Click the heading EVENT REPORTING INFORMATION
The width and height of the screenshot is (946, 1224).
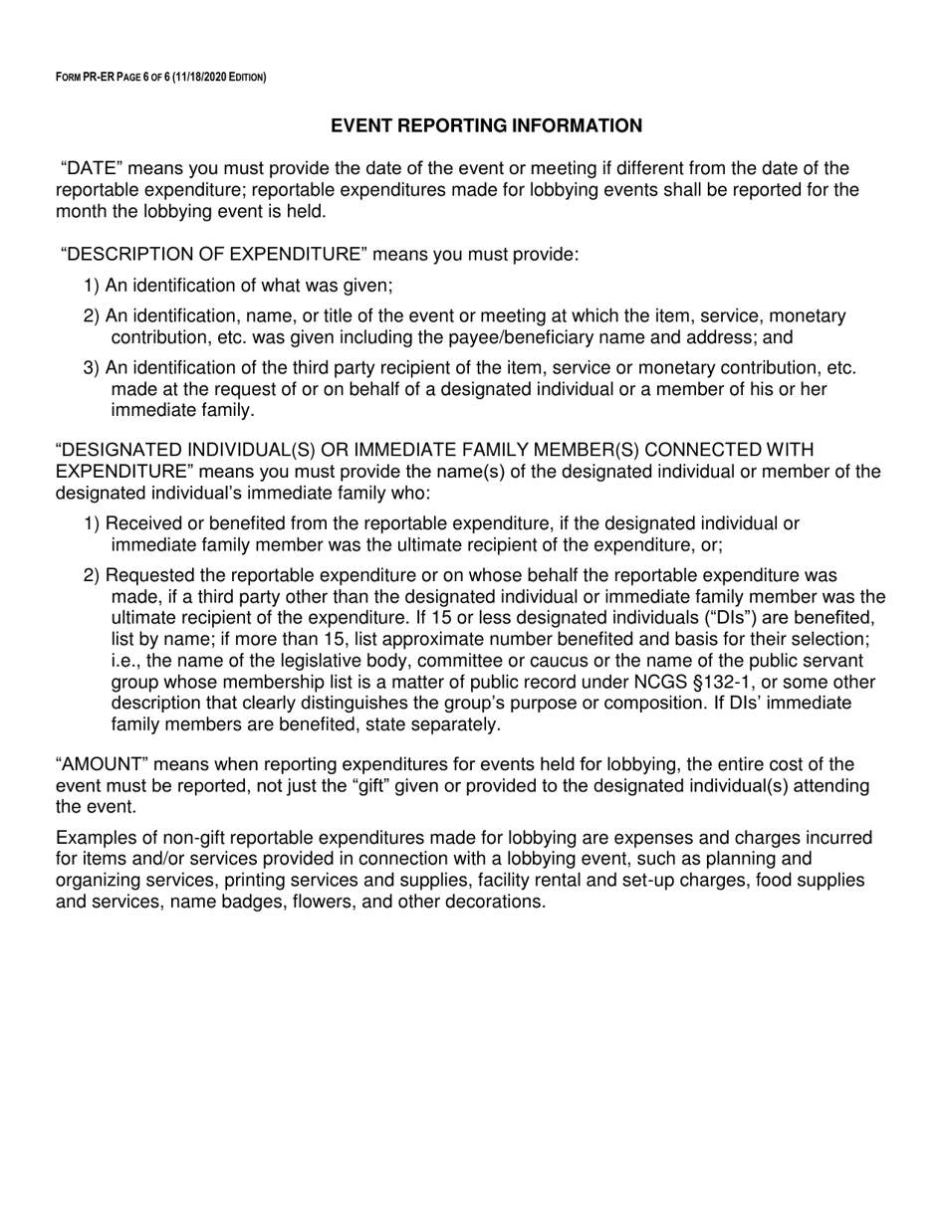coord(486,125)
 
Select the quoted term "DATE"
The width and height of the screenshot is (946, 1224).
coord(93,168)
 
